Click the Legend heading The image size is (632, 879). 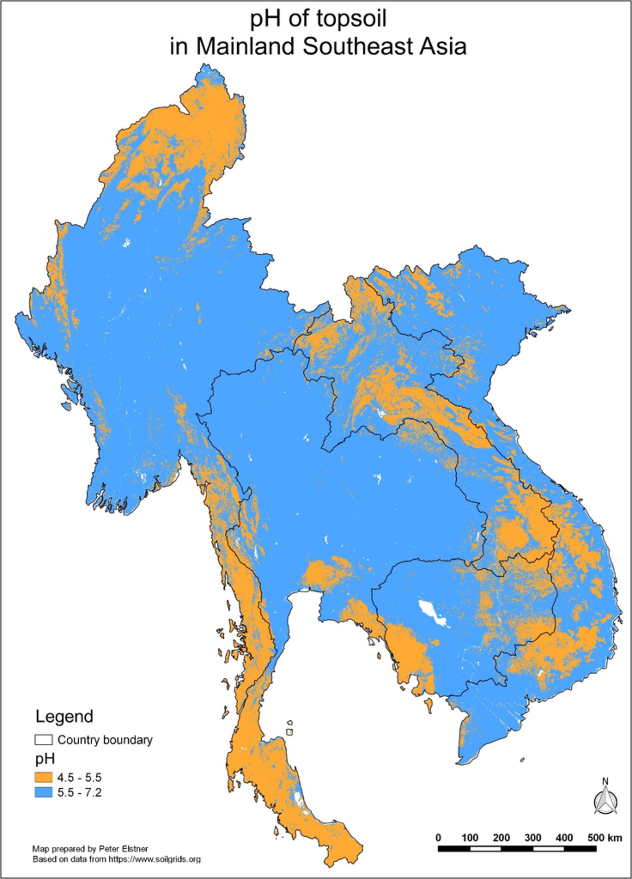coord(64,716)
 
